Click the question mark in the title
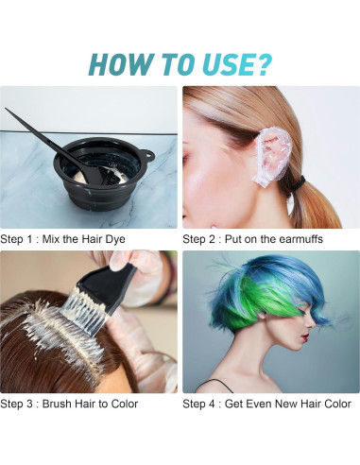(262, 64)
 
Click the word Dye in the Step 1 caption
(115, 239)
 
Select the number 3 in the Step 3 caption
(29, 404)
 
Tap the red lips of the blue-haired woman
(304, 339)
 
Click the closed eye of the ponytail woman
(186, 157)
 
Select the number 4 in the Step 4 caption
(212, 404)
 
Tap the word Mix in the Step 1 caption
(51, 239)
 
